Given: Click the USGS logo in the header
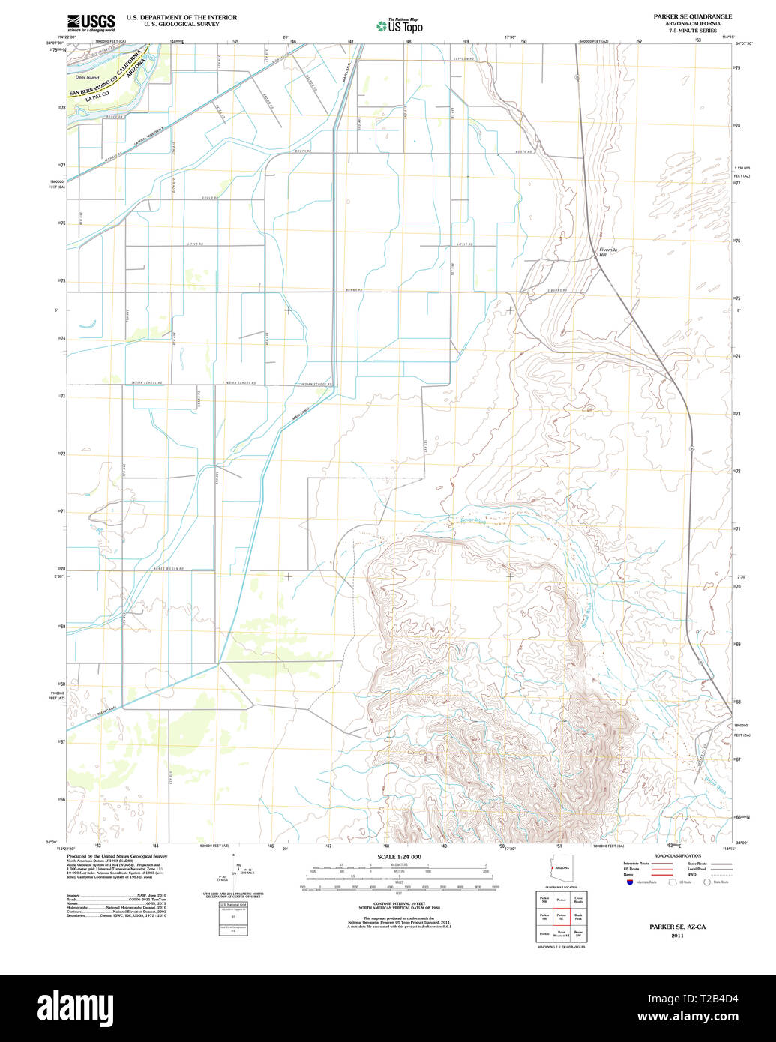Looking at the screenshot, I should (x=91, y=22).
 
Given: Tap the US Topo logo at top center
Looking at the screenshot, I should (x=400, y=26).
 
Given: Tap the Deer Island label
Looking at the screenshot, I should (x=87, y=77).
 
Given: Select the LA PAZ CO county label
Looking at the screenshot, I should (x=97, y=97).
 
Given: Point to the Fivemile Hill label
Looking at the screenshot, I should (x=606, y=253).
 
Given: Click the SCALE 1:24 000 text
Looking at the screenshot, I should (x=399, y=857).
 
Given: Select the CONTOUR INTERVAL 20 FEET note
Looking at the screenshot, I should (x=399, y=902).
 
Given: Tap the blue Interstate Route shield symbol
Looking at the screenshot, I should (x=629, y=882).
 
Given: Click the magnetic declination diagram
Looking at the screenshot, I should (x=235, y=870).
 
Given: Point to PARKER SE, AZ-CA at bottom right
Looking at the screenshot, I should (x=677, y=927).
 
